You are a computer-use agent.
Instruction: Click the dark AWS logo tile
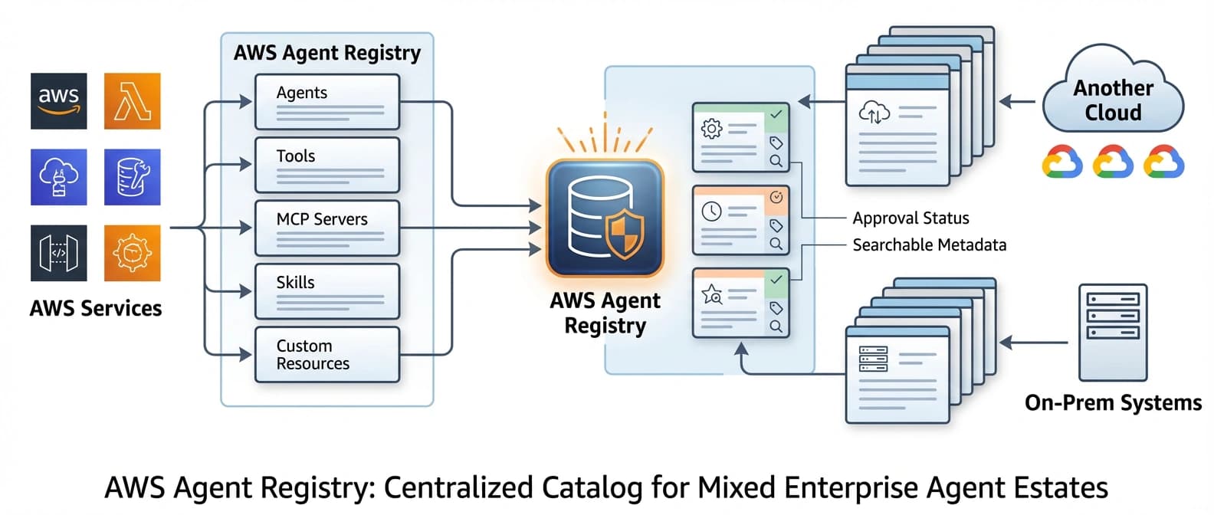[59, 101]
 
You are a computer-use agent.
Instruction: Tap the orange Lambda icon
[133, 101]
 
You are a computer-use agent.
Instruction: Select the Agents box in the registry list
[327, 101]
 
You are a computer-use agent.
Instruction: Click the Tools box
[327, 165]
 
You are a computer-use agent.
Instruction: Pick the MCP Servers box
[327, 228]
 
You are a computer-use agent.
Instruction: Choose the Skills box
[327, 291]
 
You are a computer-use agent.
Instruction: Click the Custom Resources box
[327, 354]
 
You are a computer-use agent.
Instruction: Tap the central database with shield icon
[605, 218]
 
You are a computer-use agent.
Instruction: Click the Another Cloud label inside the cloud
[1113, 100]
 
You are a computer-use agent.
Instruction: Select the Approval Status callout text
[910, 218]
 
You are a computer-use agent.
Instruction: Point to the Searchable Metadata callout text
[929, 245]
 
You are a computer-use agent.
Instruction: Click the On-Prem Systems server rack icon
[1113, 332]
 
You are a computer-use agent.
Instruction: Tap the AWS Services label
[96, 308]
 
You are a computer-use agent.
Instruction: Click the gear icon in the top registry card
[711, 129]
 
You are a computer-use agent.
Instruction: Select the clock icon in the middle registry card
[711, 212]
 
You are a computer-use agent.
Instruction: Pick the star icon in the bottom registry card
[711, 294]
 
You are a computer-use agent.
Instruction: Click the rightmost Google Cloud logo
[1163, 162]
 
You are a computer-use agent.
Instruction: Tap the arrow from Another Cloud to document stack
[1018, 101]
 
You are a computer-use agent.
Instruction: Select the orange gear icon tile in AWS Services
[133, 253]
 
